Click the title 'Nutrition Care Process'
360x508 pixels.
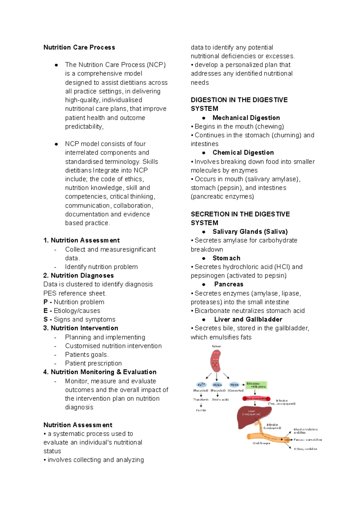[x=79, y=47]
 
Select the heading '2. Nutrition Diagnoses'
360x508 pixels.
[x=79, y=276]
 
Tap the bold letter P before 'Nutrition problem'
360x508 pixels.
[x=46, y=302]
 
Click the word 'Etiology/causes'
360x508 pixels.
[x=77, y=311]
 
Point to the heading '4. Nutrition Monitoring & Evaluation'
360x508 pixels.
[x=100, y=372]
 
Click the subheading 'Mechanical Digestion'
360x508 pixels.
[x=246, y=118]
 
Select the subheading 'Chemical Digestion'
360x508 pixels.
[x=243, y=153]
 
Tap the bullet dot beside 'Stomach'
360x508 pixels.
[x=204, y=258]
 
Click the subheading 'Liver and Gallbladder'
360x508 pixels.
[x=248, y=319]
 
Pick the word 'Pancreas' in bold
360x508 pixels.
[x=229, y=284]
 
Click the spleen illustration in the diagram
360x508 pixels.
[x=215, y=361]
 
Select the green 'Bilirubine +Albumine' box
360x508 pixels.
[x=256, y=385]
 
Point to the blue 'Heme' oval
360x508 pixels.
[x=234, y=385]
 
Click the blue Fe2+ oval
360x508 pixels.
[x=201, y=385]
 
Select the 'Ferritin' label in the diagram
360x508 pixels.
[x=201, y=410]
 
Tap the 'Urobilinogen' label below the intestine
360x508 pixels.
[x=261, y=443]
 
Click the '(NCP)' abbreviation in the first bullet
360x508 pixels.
[x=156, y=65]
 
